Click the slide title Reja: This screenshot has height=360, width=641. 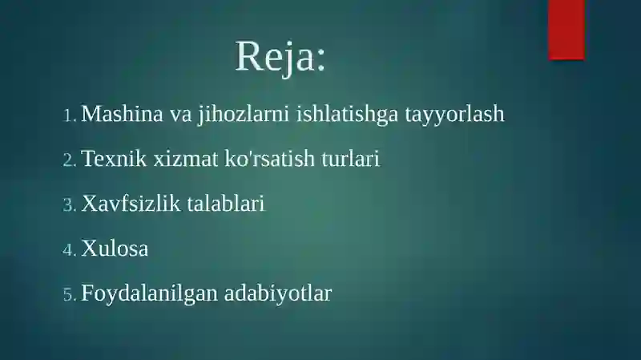pyautogui.click(x=280, y=56)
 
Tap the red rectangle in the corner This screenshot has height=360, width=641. pyautogui.click(x=566, y=30)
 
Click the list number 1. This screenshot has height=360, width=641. pyautogui.click(x=69, y=115)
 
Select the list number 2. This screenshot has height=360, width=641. pyautogui.click(x=69, y=160)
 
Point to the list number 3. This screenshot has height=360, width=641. pyautogui.click(x=69, y=205)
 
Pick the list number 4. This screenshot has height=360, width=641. pyautogui.click(x=69, y=250)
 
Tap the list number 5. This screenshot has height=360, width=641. pyautogui.click(x=70, y=294)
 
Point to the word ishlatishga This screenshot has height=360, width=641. pyautogui.click(x=347, y=115)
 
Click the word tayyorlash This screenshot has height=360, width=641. pyautogui.click(x=454, y=115)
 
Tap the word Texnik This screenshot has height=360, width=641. pyautogui.click(x=114, y=158)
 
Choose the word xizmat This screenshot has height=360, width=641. pyautogui.click(x=186, y=158)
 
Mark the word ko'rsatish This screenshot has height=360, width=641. pyautogui.click(x=269, y=158)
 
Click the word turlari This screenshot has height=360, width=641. pyautogui.click(x=350, y=158)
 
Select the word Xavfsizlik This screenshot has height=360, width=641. pyautogui.click(x=131, y=203)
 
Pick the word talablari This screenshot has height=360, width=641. pyautogui.click(x=226, y=203)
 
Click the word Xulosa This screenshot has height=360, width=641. pyautogui.click(x=115, y=248)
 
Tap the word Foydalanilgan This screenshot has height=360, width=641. pyautogui.click(x=149, y=293)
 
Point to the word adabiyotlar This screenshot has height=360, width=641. pyautogui.click(x=277, y=293)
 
